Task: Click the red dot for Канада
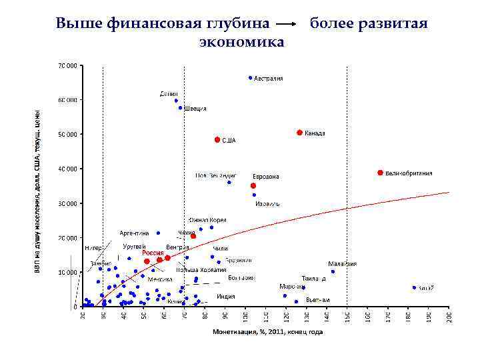pyautogui.click(x=299, y=133)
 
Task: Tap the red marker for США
pyautogui.click(x=217, y=139)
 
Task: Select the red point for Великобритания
pyautogui.click(x=380, y=173)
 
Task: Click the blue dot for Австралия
pyautogui.click(x=250, y=77)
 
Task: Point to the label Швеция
pyautogui.click(x=195, y=108)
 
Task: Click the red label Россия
pyautogui.click(x=153, y=253)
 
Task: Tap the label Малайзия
pyautogui.click(x=343, y=263)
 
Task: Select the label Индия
pyautogui.click(x=226, y=296)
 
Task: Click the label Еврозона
pyautogui.click(x=266, y=176)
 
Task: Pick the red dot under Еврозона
pyautogui.click(x=253, y=185)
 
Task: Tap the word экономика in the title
pyautogui.click(x=241, y=42)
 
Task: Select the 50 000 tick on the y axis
pyautogui.click(x=67, y=134)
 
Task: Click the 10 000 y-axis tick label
pyautogui.click(x=67, y=272)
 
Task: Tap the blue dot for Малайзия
pyautogui.click(x=333, y=271)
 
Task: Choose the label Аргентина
pyautogui.click(x=134, y=233)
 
